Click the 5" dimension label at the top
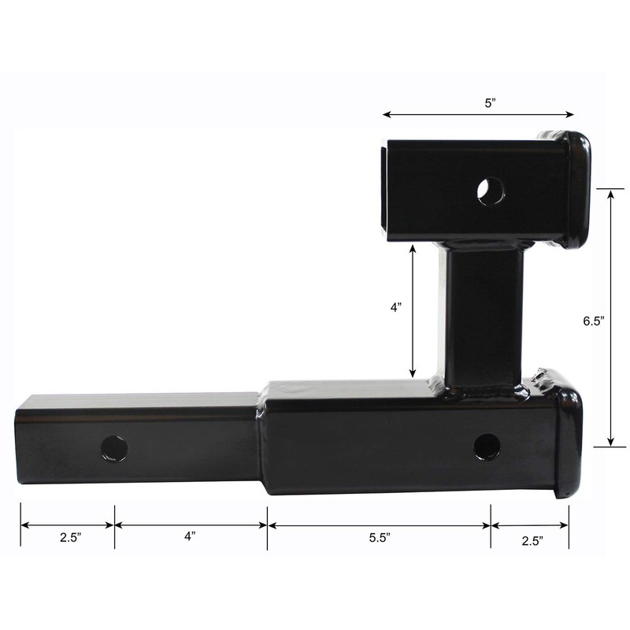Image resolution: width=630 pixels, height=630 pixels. (x=490, y=102)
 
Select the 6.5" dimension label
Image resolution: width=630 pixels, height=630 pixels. (x=593, y=321)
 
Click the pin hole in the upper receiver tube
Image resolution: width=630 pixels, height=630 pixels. (x=491, y=191)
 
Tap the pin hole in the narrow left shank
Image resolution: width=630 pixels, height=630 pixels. (x=114, y=448)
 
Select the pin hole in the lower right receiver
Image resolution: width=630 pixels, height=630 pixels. (x=487, y=447)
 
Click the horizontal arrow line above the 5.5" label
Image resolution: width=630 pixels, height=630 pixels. (x=379, y=525)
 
